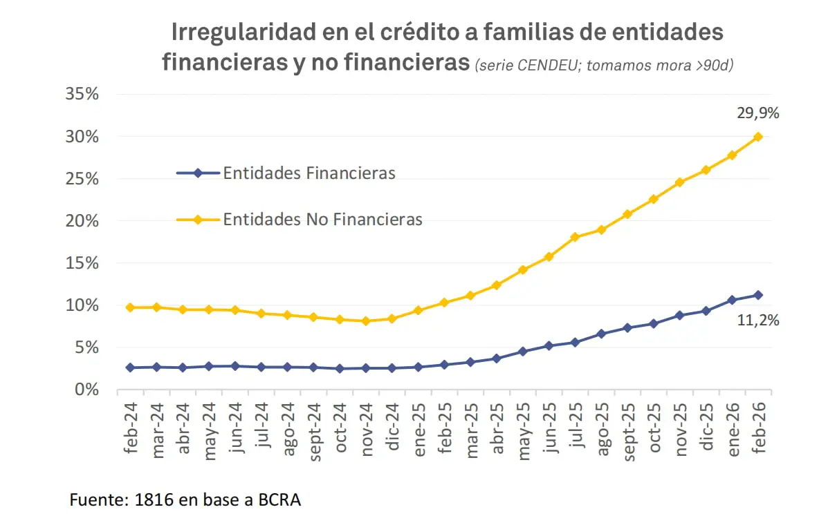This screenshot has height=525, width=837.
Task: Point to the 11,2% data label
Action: click(x=759, y=320)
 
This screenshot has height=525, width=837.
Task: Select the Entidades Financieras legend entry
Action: click(x=309, y=173)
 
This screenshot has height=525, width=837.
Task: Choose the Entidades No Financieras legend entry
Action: click(x=322, y=220)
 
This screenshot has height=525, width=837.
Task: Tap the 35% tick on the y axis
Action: click(x=82, y=95)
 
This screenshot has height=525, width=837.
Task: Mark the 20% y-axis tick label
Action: click(x=82, y=221)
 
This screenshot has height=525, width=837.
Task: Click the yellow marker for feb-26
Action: click(x=758, y=137)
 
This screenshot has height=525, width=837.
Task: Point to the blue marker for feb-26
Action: click(x=758, y=295)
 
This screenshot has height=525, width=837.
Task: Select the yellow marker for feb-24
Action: click(x=130, y=307)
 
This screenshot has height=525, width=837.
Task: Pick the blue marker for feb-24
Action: click(x=130, y=367)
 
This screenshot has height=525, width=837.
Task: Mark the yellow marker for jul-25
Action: click(x=575, y=237)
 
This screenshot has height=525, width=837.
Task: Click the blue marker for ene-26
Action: click(x=732, y=300)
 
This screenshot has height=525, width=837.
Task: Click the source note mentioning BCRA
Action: click(x=185, y=500)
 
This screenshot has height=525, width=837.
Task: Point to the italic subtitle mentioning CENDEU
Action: click(x=604, y=65)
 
